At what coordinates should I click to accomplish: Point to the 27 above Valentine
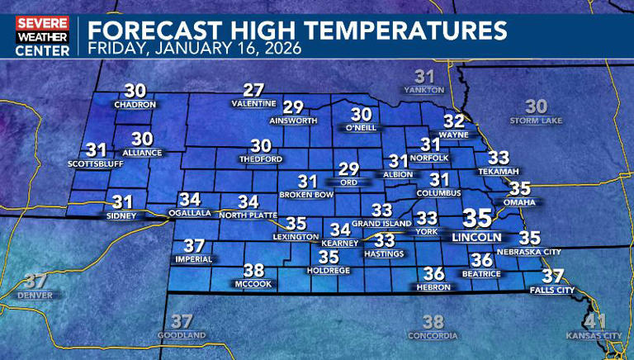pyautogui.click(x=253, y=90)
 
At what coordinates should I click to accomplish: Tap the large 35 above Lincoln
pyautogui.click(x=477, y=218)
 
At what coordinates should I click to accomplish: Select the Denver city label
pyautogui.click(x=35, y=295)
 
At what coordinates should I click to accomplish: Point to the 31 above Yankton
pyautogui.click(x=423, y=75)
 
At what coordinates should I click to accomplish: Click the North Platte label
pyautogui.click(x=248, y=215)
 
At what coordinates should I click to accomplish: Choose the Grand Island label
pyautogui.click(x=381, y=224)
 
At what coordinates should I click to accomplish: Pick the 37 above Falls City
pyautogui.click(x=552, y=276)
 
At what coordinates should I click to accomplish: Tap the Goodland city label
pyautogui.click(x=182, y=336)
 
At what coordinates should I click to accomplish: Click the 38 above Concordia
pyautogui.click(x=433, y=322)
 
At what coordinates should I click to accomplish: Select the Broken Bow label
pyautogui.click(x=306, y=195)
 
